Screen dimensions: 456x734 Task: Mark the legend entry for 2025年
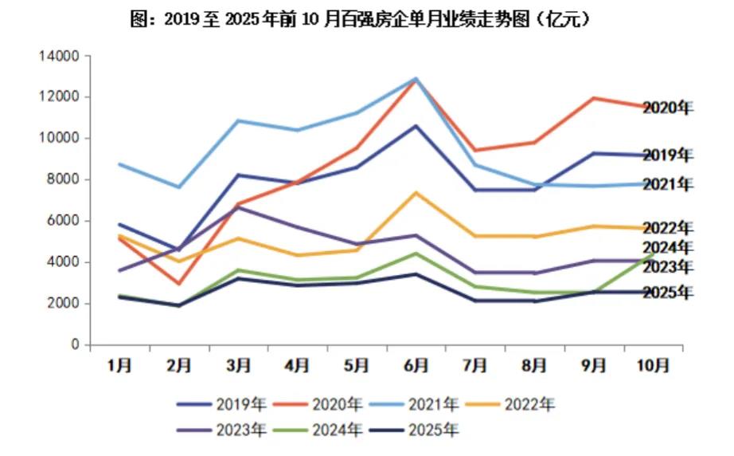pos(433,431)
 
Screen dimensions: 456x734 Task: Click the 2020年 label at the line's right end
pos(667,108)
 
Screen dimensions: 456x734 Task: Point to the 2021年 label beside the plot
pos(667,185)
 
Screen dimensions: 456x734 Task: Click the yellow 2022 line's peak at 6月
pos(415,193)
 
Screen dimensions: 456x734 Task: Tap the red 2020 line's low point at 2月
pos(178,284)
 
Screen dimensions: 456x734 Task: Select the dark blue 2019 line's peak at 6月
pos(415,126)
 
